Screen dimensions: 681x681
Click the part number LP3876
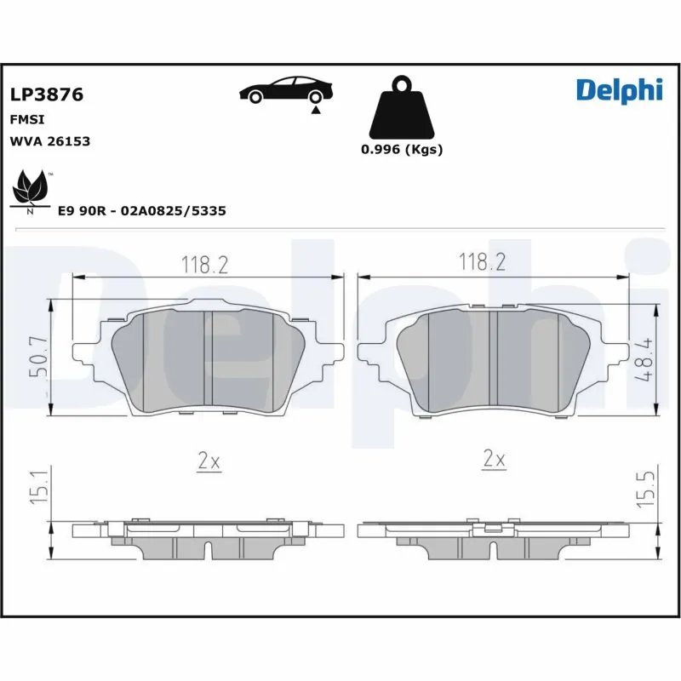[x=46, y=94]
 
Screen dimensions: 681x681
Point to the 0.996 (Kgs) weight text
[x=402, y=149]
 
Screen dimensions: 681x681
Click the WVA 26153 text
[x=49, y=141]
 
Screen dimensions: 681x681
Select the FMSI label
[x=26, y=120]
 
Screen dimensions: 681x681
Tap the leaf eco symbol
[x=31, y=190]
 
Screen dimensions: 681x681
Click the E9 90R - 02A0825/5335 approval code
[x=141, y=210]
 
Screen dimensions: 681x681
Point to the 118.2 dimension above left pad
[x=204, y=265]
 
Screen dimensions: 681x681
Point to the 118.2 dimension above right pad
[x=483, y=261]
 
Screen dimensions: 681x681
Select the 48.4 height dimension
[x=648, y=358]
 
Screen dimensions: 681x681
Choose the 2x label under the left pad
[x=209, y=461]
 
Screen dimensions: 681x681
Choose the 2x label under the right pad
[x=494, y=460]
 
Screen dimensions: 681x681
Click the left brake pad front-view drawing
[x=209, y=359]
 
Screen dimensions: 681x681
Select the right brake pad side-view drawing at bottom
[x=494, y=541]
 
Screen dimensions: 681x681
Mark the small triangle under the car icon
[x=316, y=110]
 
